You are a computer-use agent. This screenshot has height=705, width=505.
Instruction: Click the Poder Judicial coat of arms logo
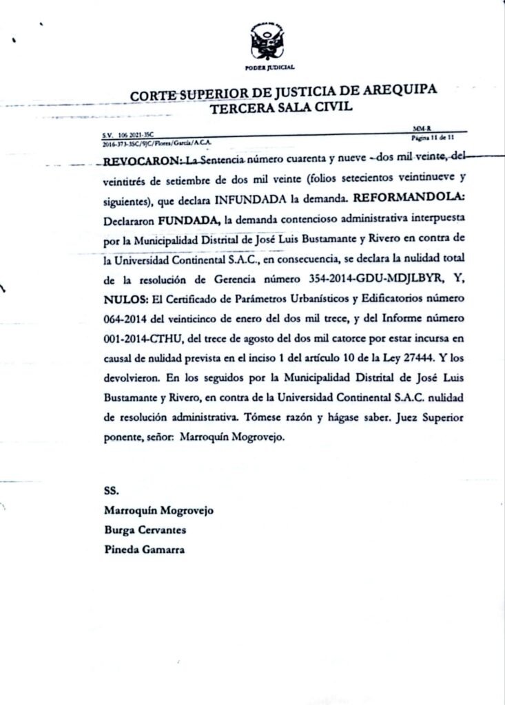coord(269,42)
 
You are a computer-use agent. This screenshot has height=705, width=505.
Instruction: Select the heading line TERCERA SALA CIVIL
coord(280,107)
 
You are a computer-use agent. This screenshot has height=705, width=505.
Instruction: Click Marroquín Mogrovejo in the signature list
coord(158,511)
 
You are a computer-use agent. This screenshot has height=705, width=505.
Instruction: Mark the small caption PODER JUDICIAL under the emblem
coord(269,67)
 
